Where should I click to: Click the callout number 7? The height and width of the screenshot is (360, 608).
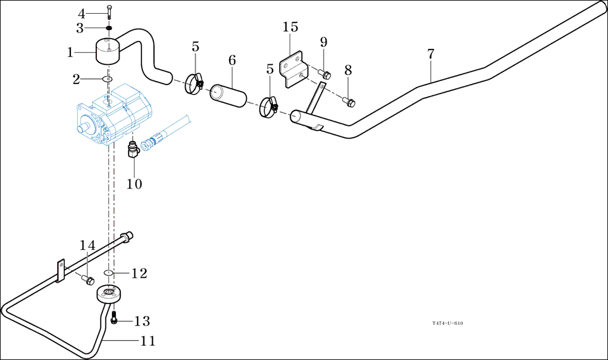point(430,54)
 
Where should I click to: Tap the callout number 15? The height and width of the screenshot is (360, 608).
point(290,27)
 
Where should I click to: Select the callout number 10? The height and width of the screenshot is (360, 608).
point(134,184)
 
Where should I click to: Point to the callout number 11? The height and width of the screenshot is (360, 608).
point(148,341)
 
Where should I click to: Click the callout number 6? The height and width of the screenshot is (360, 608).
point(232,60)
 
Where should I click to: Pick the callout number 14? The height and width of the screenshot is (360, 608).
point(87,245)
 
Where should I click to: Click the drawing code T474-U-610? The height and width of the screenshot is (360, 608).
point(447,323)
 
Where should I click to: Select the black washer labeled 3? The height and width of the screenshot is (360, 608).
point(109,27)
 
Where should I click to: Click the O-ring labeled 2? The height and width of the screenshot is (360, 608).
point(108,79)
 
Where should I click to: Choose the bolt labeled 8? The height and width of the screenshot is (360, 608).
point(349,102)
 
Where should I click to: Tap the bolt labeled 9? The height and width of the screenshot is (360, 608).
point(325,75)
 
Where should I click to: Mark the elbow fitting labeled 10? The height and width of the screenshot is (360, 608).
point(132,151)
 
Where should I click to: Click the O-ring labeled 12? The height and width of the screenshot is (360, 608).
point(108,273)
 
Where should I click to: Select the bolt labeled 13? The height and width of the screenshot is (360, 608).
point(114,320)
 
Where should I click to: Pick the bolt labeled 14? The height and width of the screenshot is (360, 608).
point(89,279)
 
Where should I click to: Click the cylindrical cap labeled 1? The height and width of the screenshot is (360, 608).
point(107,51)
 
